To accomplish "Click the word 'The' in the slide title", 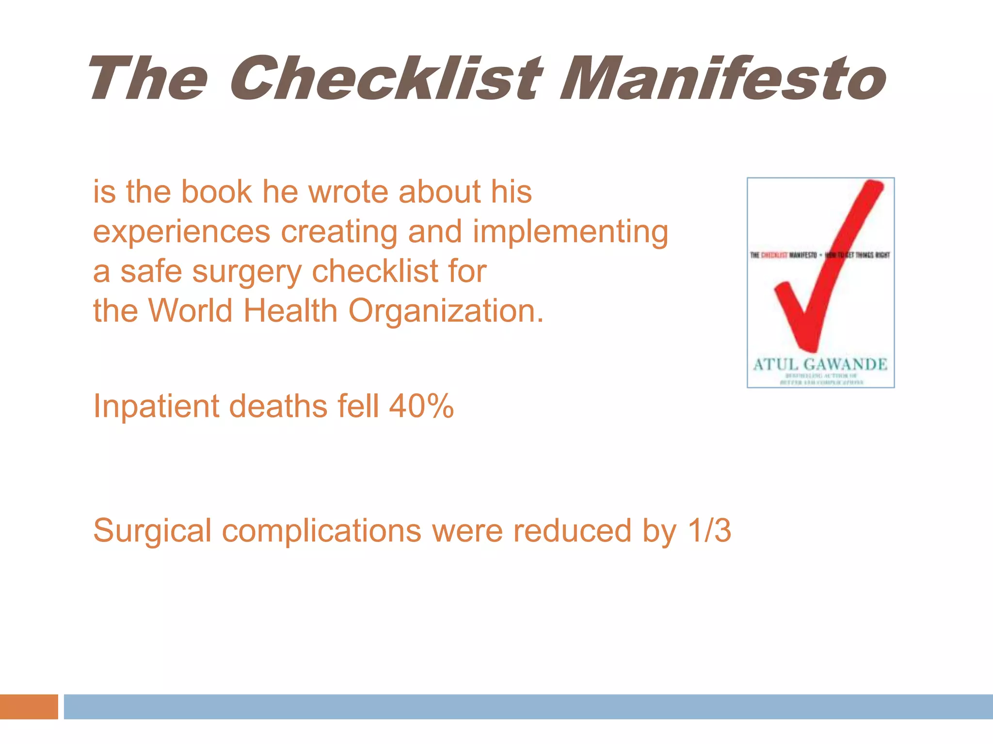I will [147, 78].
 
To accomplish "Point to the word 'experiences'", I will [181, 232].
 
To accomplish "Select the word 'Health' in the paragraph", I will [290, 310].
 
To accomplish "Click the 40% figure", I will [421, 406].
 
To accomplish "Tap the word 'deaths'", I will [278, 406].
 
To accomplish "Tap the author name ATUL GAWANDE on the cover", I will [820, 364].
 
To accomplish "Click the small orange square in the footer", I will [29, 707].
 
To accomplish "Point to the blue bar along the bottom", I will [529, 707].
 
